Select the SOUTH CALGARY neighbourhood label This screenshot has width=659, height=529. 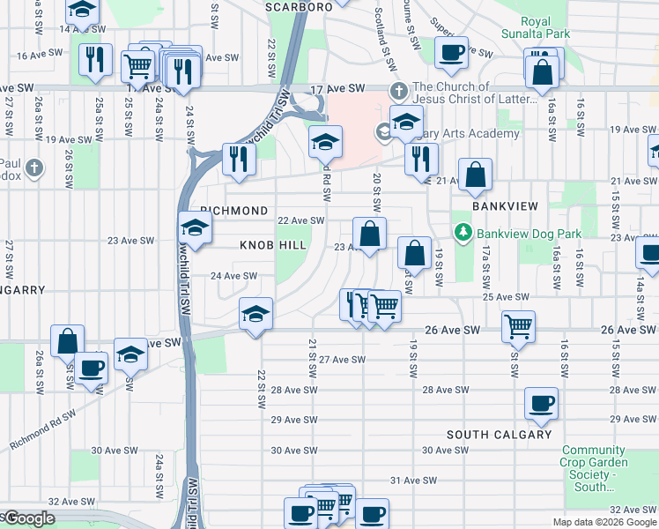tap(499, 435)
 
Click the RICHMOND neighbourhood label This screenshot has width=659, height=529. tap(233, 212)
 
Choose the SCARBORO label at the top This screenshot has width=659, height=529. tap(299, 6)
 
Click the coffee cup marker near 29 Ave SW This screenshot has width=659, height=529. tap(541, 404)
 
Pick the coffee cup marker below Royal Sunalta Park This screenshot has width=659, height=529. tap(451, 52)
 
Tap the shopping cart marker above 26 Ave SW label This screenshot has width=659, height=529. tap(518, 325)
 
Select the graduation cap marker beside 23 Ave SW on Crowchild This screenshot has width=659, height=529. tap(196, 227)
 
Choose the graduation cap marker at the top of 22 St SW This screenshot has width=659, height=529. tap(255, 314)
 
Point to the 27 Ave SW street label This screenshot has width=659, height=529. tap(342, 360)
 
